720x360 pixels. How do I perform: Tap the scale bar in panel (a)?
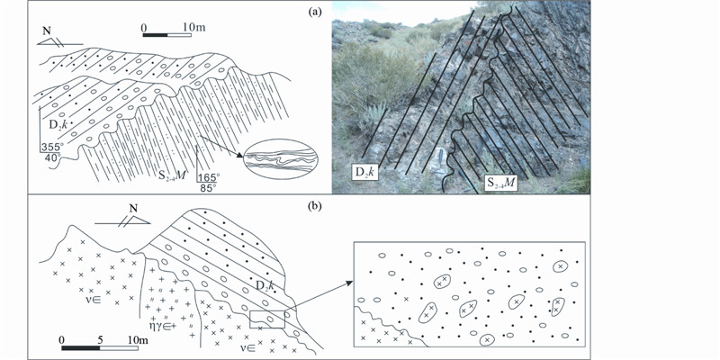[166, 35]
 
